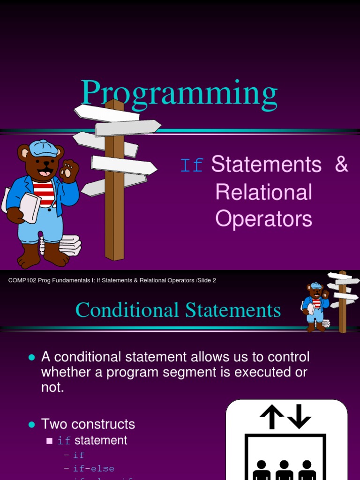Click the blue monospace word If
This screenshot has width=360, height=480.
click(x=192, y=166)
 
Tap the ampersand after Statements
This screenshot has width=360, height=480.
click(x=342, y=165)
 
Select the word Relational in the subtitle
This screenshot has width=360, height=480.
click(x=264, y=192)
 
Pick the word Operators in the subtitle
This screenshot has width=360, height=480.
click(x=264, y=218)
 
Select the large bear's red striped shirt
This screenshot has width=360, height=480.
click(x=44, y=192)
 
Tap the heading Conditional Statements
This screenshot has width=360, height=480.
click(x=178, y=310)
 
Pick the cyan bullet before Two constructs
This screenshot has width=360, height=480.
click(x=32, y=424)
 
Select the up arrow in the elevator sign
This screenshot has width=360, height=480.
click(x=272, y=416)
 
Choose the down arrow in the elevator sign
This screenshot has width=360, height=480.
click(x=299, y=416)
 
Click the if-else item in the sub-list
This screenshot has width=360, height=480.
click(x=94, y=468)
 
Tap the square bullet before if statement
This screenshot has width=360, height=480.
click(x=50, y=441)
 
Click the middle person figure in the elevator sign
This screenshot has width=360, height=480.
click(x=284, y=470)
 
